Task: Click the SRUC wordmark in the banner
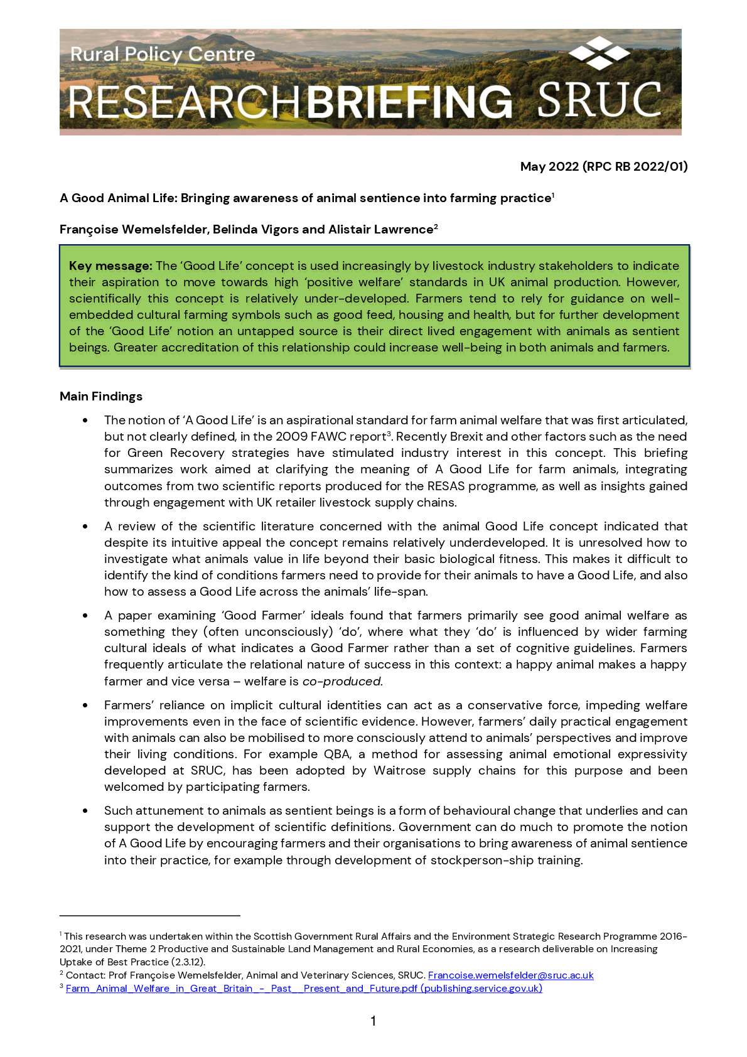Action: point(599,100)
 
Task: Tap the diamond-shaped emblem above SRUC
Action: point(599,53)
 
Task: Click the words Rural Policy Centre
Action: point(163,55)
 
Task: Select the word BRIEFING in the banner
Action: point(410,102)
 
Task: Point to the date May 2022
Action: point(549,166)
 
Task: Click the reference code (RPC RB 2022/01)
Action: point(635,166)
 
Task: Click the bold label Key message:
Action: point(110,266)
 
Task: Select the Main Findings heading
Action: point(101,396)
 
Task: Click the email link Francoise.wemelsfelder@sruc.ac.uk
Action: point(510,975)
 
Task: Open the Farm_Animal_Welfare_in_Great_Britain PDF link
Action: point(304,988)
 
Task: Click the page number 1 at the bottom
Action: point(373,1021)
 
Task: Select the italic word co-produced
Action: point(341,681)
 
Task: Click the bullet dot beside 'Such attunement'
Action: point(85,811)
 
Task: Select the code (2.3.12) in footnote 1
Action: point(188,962)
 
